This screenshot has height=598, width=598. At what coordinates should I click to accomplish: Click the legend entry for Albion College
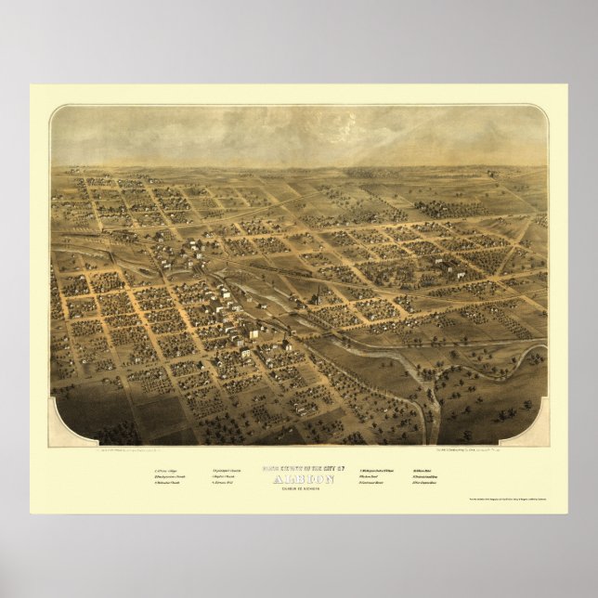tap(169, 474)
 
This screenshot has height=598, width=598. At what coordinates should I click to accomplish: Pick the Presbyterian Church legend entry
tap(171, 478)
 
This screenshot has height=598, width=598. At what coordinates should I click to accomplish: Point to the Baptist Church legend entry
tap(227, 478)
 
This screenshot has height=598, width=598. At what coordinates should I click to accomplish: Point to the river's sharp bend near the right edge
tap(534, 353)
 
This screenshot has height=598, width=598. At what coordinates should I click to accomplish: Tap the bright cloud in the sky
tap(371, 139)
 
